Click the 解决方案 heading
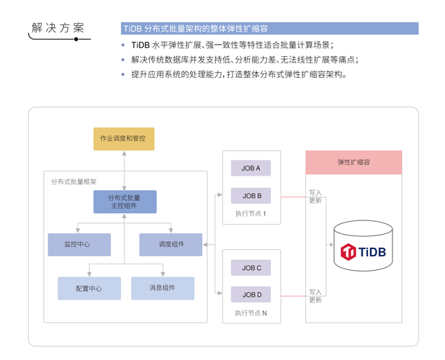pos(58,28)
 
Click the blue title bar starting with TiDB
pos(269,29)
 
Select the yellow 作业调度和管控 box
pos(124,138)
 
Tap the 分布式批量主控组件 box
pos(125,202)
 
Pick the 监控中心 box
pos(79,244)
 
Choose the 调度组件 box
pos(171,244)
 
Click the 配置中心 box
pos(89,288)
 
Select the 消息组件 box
pos(162,288)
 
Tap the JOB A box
pos(251,168)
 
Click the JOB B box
pos(251,195)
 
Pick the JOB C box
pos(251,268)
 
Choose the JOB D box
pos(251,294)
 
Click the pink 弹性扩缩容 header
pos(354,163)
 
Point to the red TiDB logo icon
pos(349,252)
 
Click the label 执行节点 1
pos(251,214)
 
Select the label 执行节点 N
pos(251,313)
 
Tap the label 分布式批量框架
pos(73,181)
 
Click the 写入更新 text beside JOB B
pos(315,197)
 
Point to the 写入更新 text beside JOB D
pos(315,296)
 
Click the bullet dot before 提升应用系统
pos(123,74)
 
